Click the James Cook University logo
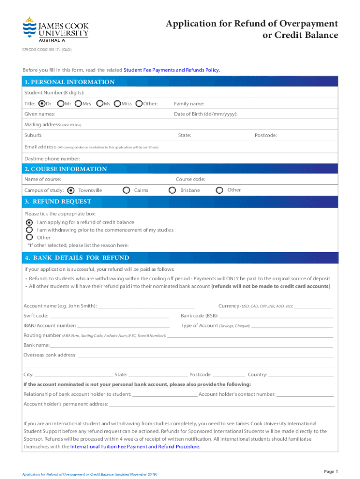(x=55, y=29)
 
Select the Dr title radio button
(x=42, y=103)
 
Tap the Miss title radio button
(x=117, y=103)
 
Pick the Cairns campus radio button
(x=126, y=190)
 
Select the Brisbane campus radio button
(x=172, y=190)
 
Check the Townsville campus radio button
(x=71, y=190)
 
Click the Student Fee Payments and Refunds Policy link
(x=172, y=70)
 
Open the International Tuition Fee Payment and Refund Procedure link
(x=135, y=447)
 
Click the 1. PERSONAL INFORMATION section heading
(x=70, y=82)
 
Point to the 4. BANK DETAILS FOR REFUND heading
(x=77, y=258)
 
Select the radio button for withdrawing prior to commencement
(x=29, y=230)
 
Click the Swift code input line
(x=109, y=316)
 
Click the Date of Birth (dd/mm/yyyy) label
(x=206, y=114)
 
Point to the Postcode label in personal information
(x=266, y=135)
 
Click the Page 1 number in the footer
(x=331, y=471)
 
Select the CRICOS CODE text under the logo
(x=47, y=49)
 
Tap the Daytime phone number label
(x=52, y=159)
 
